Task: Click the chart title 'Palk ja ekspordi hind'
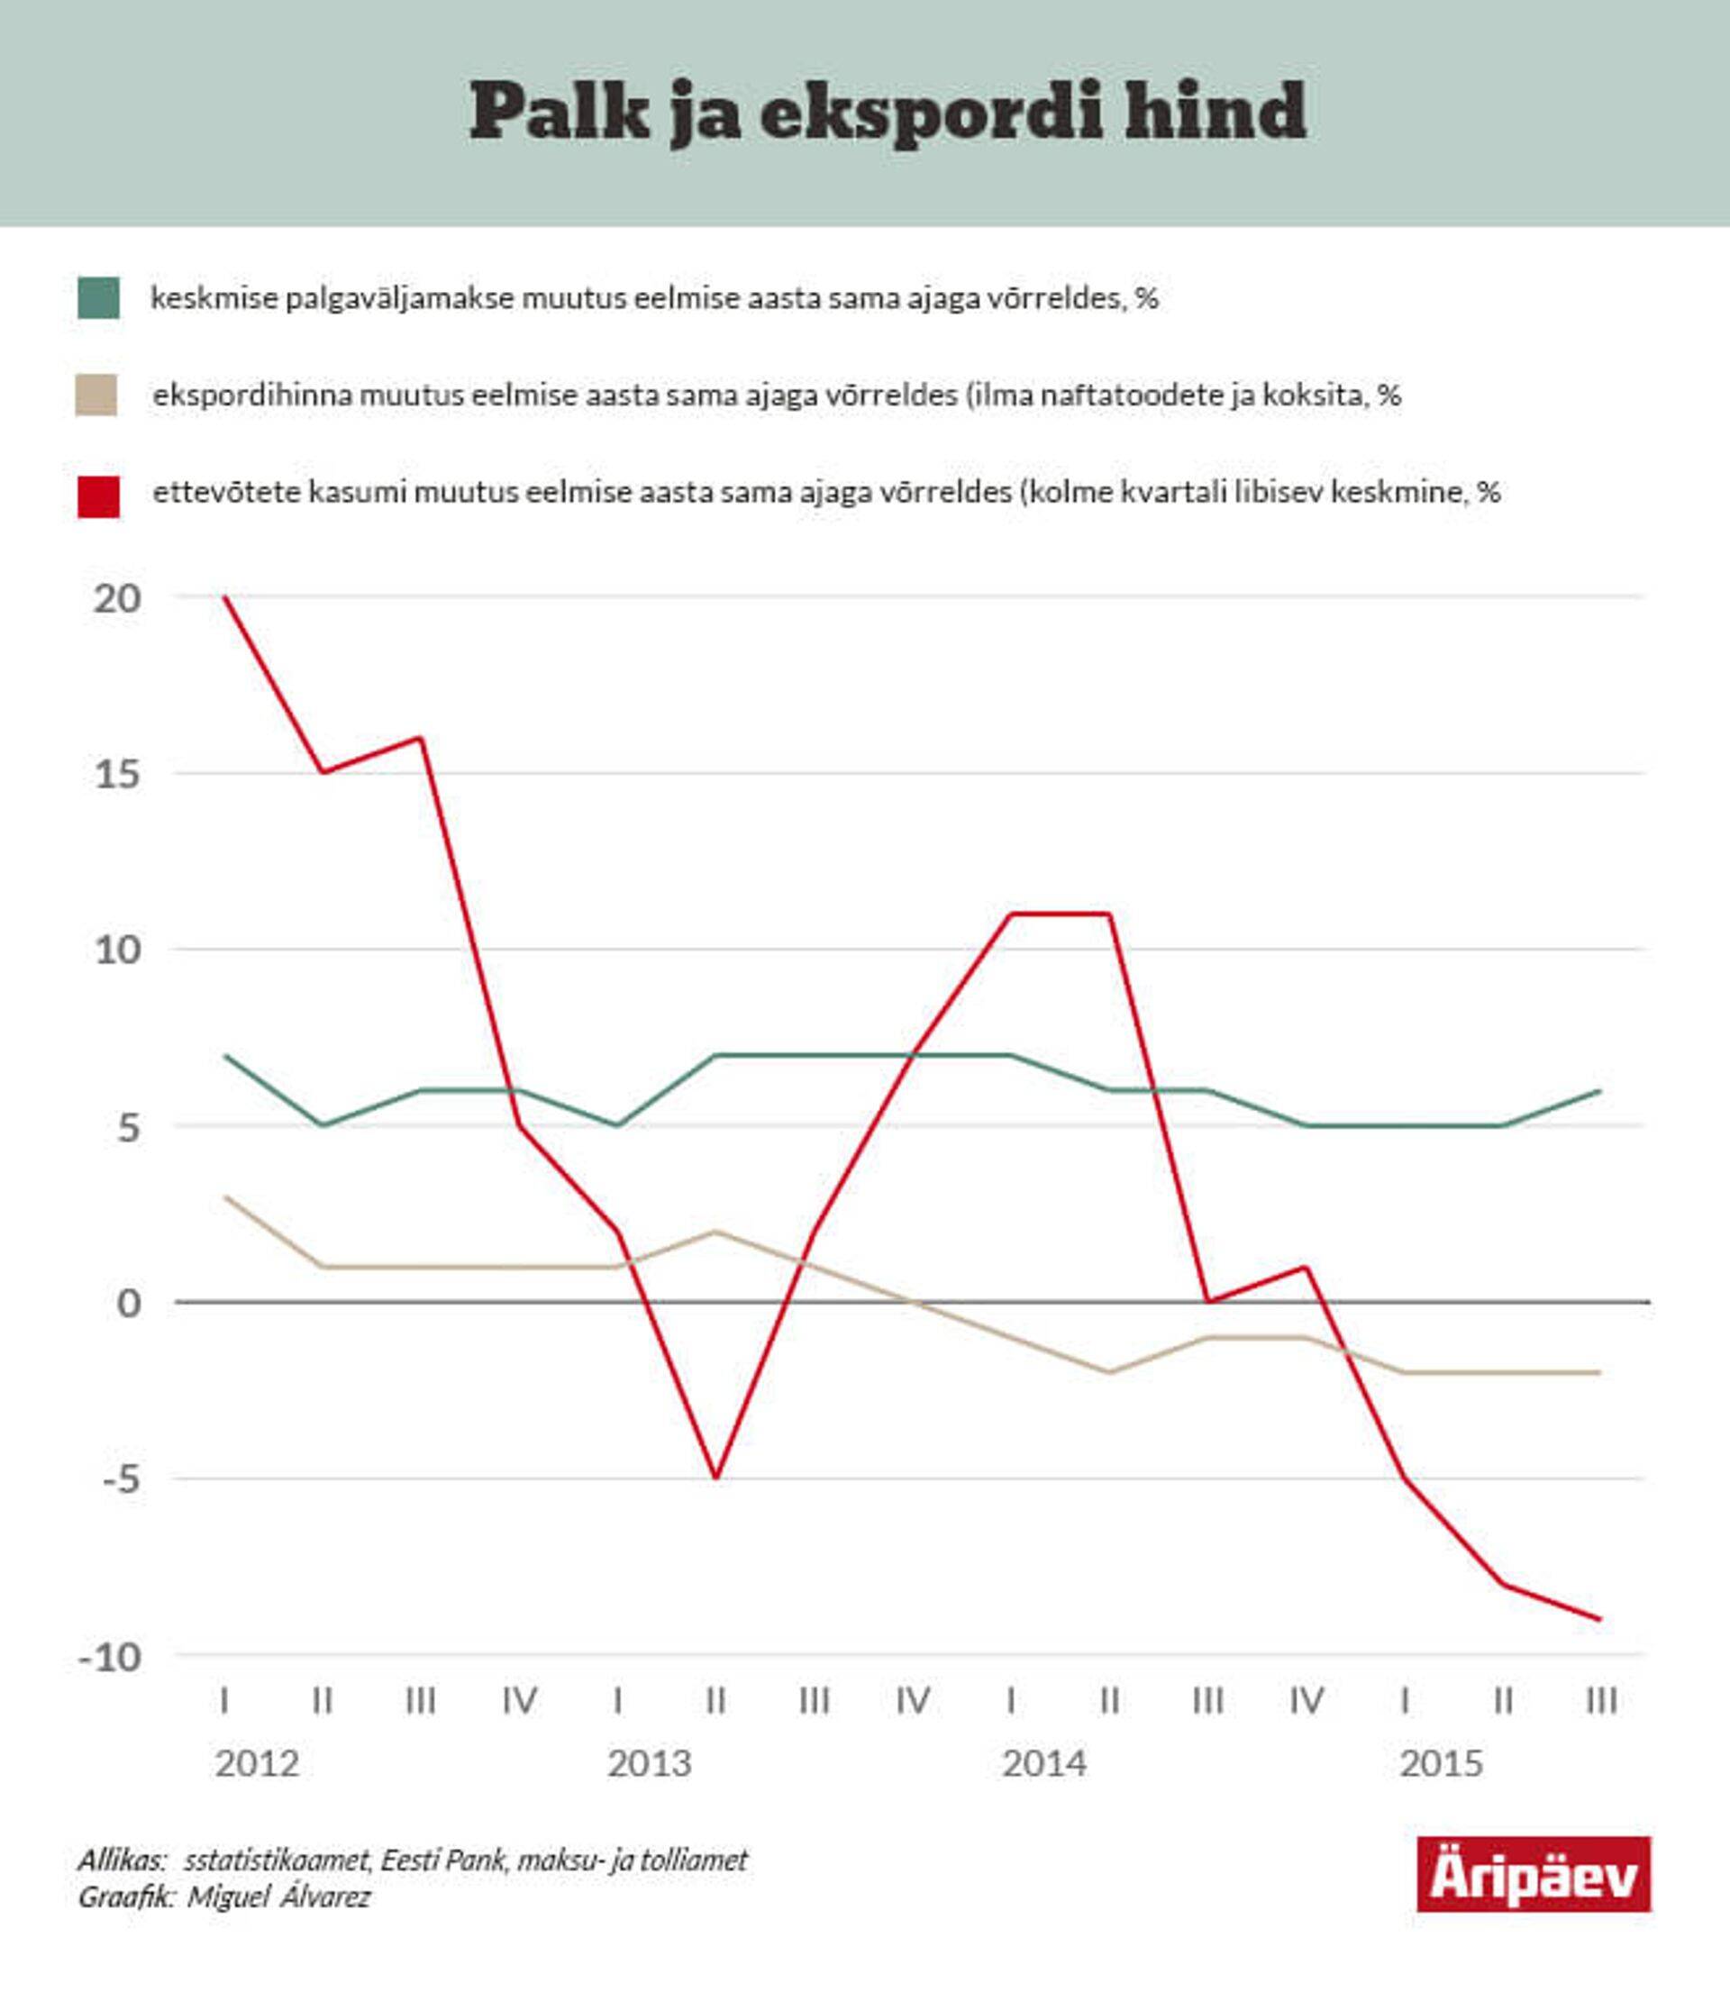(x=888, y=112)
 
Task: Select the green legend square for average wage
(x=98, y=297)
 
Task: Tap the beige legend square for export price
(x=96, y=395)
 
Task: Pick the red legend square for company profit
(x=98, y=496)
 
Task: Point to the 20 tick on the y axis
(x=118, y=598)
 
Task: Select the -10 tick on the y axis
(x=112, y=1657)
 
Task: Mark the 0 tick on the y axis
(x=128, y=1303)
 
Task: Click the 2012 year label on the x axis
(x=257, y=1763)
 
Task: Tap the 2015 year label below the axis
(x=1441, y=1763)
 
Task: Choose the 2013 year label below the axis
(x=650, y=1763)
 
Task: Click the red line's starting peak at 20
(x=225, y=597)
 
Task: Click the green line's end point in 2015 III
(x=1600, y=1090)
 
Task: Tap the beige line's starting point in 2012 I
(x=225, y=1196)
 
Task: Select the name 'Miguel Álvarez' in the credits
(x=279, y=1897)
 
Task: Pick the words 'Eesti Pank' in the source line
(x=443, y=1860)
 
